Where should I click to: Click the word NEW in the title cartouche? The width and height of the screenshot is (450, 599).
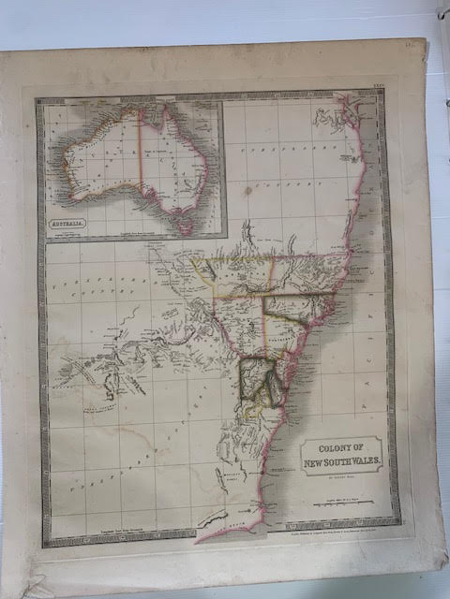point(315,460)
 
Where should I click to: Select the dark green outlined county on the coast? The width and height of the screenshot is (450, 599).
point(255,379)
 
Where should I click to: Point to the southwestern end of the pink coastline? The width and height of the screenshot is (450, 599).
point(199,540)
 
